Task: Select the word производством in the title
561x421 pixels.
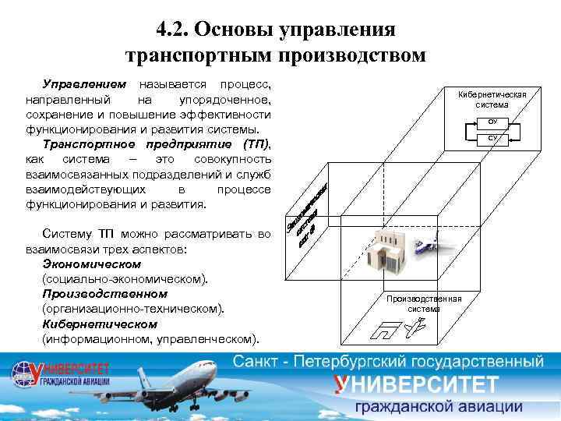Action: [354, 55]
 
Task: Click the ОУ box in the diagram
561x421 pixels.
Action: [492, 122]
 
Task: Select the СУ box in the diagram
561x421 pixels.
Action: [492, 139]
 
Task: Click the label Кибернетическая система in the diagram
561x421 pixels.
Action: [492, 100]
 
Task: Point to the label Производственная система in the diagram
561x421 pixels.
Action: [423, 303]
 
